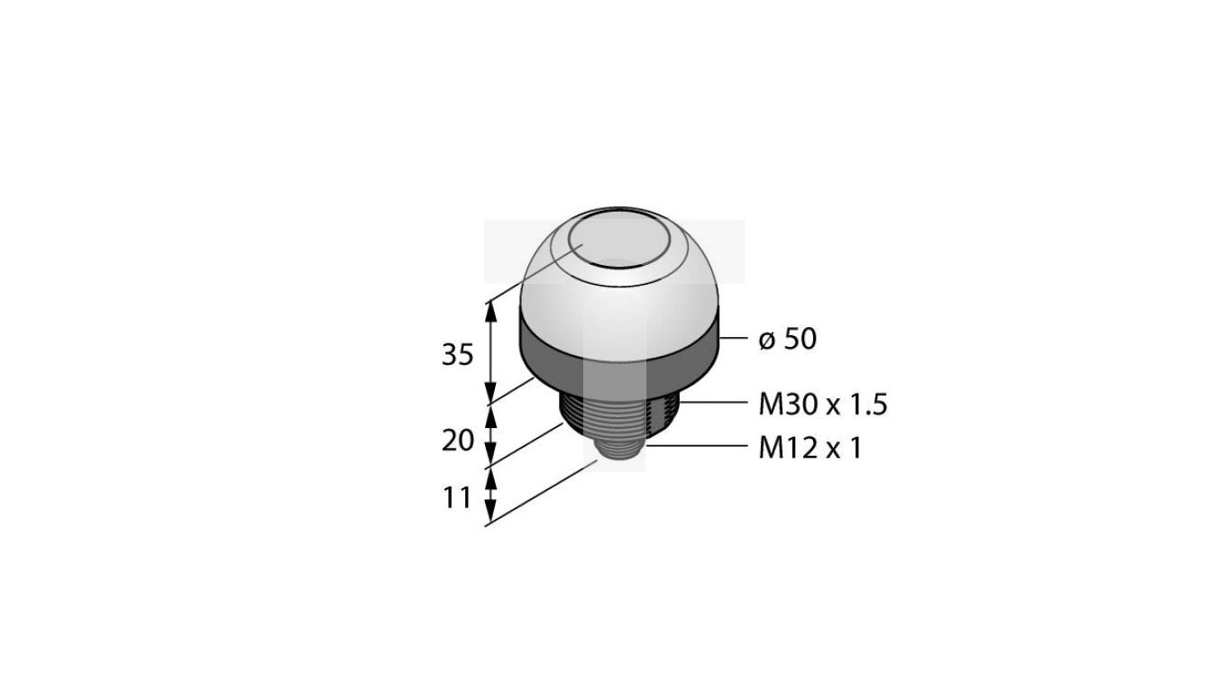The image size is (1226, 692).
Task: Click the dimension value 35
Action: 457,355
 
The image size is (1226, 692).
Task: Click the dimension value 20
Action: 458,441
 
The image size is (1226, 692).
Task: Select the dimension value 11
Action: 457,496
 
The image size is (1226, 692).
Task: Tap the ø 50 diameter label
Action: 787,340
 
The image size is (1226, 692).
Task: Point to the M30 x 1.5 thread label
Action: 822,405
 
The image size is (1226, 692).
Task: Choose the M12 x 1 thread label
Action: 809,447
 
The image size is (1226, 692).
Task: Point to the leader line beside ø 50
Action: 734,339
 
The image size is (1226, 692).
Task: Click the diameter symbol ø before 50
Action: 766,340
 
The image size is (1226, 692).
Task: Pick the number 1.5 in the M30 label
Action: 867,405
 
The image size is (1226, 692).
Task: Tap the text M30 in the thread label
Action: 787,405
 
